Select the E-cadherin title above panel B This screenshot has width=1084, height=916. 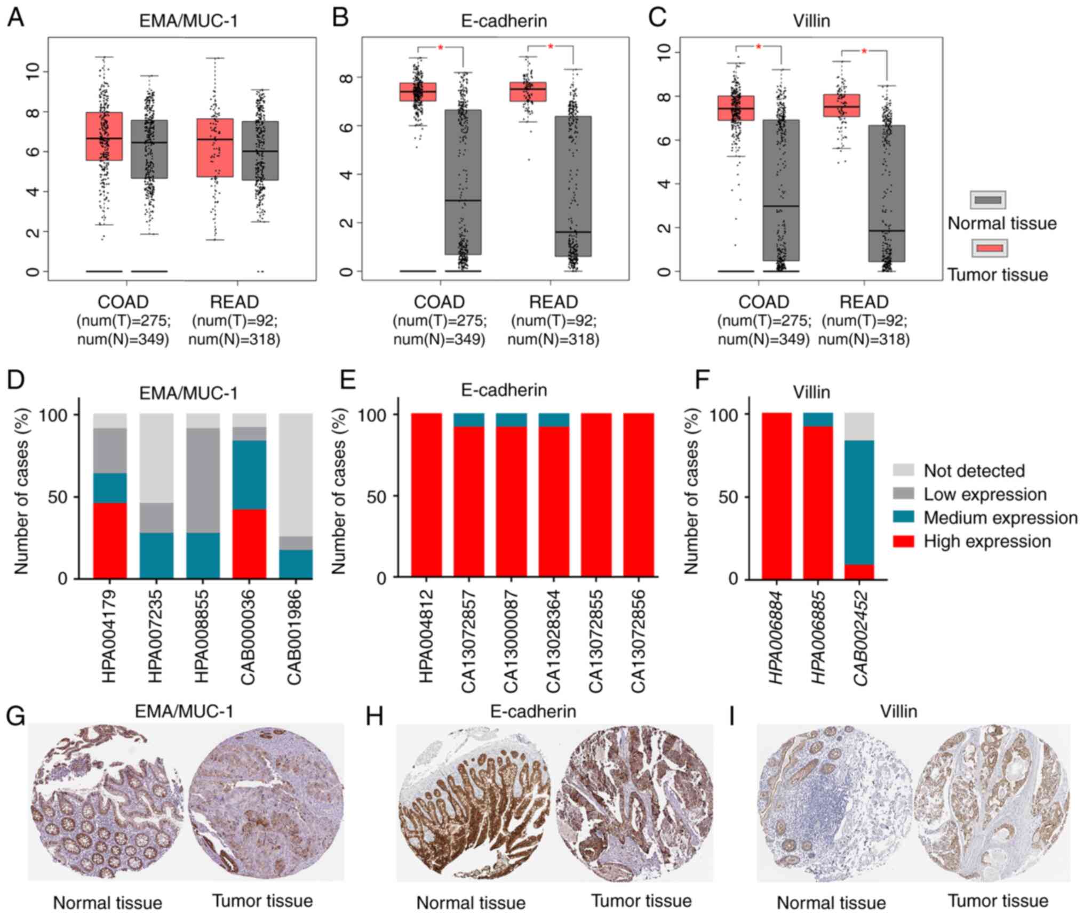coord(504,20)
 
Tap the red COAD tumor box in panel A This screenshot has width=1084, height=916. coord(105,136)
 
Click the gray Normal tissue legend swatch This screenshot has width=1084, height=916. coord(987,200)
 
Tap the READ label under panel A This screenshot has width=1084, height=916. coord(234,302)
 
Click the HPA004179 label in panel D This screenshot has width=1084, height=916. coord(109,636)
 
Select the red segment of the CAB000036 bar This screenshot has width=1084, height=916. coord(249,544)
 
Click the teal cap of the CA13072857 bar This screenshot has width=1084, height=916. coord(469,420)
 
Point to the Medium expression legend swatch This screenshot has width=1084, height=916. coord(903,517)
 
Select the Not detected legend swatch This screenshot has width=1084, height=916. coord(903,470)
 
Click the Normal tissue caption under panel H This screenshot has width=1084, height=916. coord(471,902)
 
